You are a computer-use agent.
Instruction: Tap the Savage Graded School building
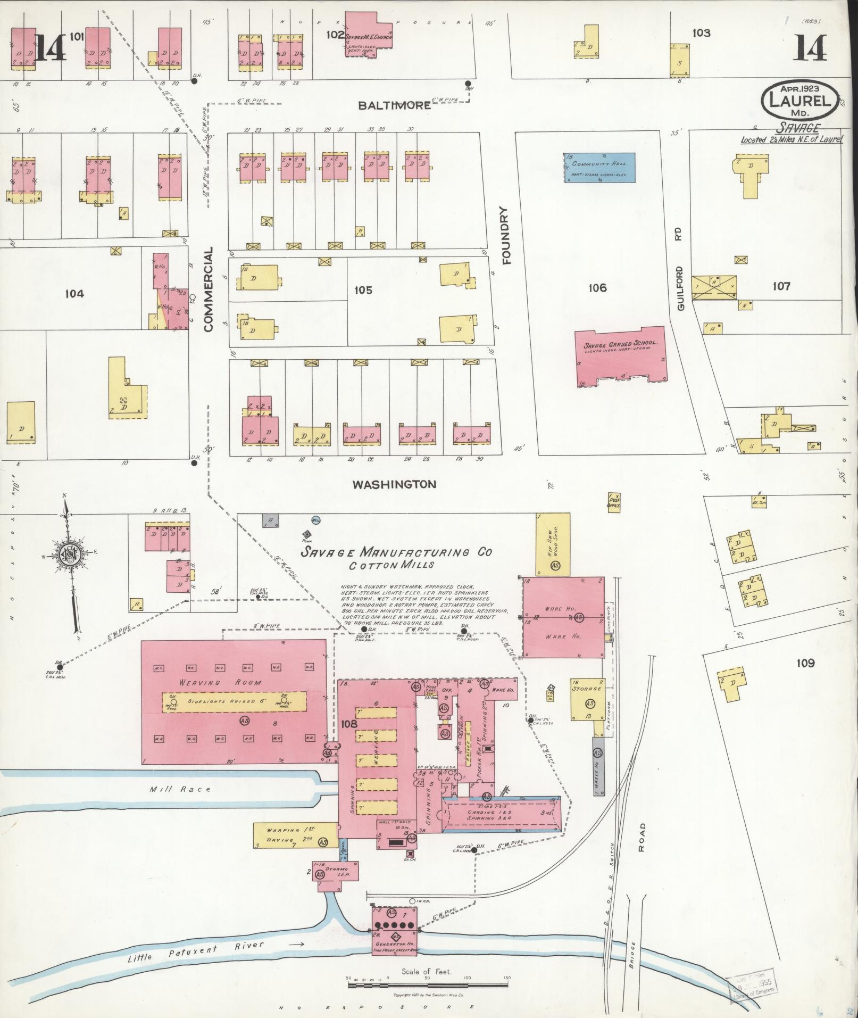click(x=621, y=356)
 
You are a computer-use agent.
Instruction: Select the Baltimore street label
click(x=394, y=105)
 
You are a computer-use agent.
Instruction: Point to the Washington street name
click(x=394, y=484)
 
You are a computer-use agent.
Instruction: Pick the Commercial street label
click(x=208, y=289)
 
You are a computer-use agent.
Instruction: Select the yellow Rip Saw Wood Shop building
click(x=553, y=544)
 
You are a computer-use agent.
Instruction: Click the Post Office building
click(x=614, y=501)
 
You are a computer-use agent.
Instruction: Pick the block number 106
click(x=597, y=288)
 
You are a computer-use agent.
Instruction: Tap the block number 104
click(x=74, y=293)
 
